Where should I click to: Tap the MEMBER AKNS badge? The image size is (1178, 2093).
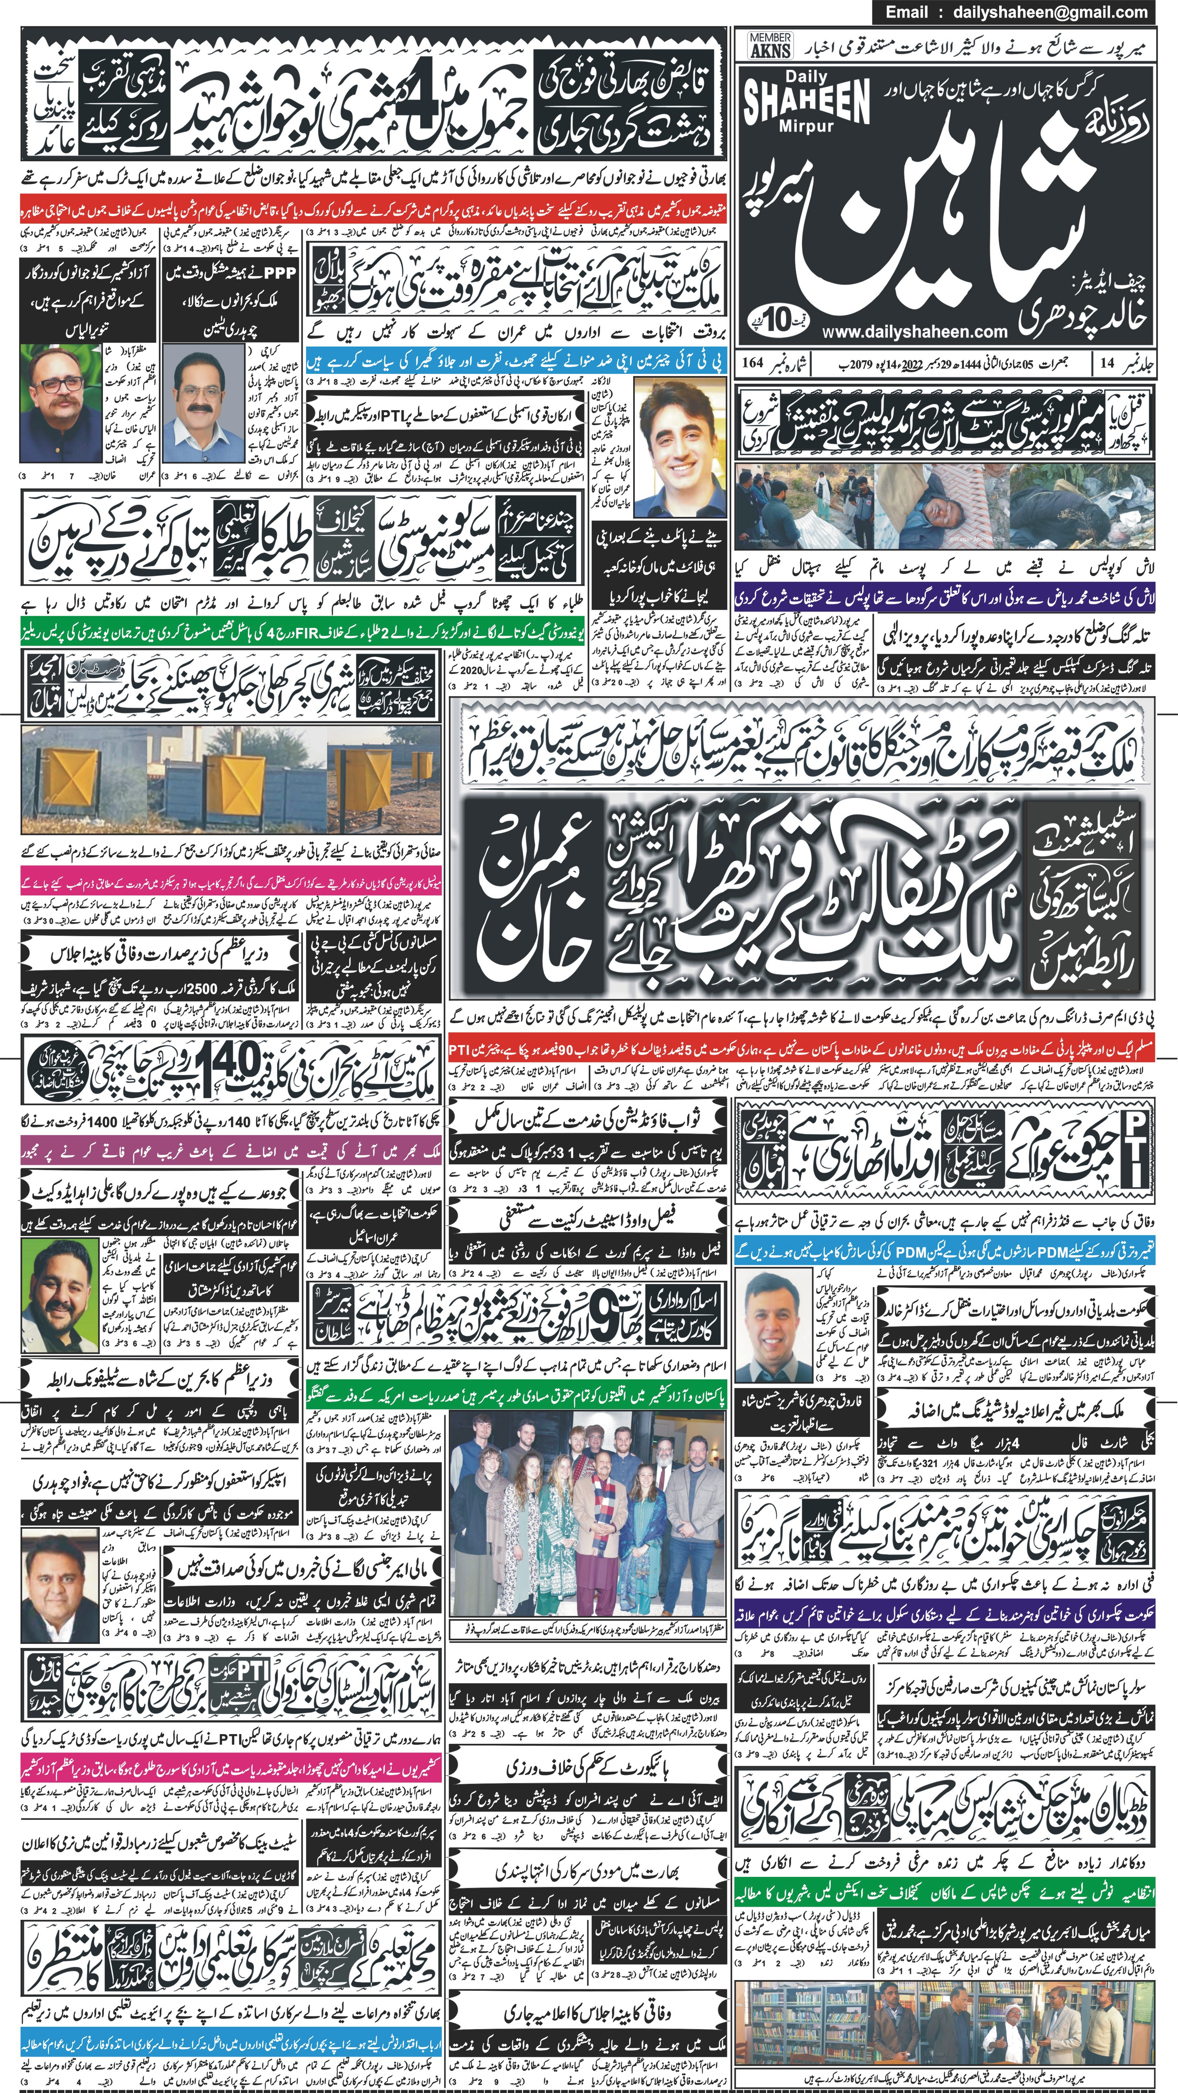[770, 45]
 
